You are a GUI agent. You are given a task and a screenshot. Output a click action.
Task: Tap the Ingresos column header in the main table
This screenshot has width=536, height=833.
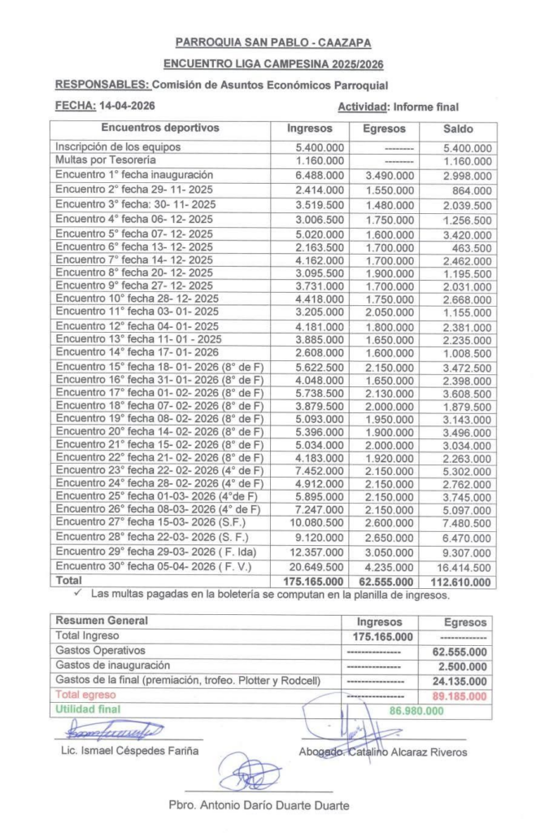[x=310, y=129]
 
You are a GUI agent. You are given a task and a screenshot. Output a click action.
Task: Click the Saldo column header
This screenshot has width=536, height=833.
[x=458, y=129]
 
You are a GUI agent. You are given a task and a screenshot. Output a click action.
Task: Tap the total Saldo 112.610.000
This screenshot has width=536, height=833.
[x=461, y=582]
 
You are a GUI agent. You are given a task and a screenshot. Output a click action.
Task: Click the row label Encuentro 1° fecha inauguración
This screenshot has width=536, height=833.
[x=134, y=175]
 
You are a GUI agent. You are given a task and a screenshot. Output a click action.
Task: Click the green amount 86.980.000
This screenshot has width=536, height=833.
[x=416, y=710]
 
